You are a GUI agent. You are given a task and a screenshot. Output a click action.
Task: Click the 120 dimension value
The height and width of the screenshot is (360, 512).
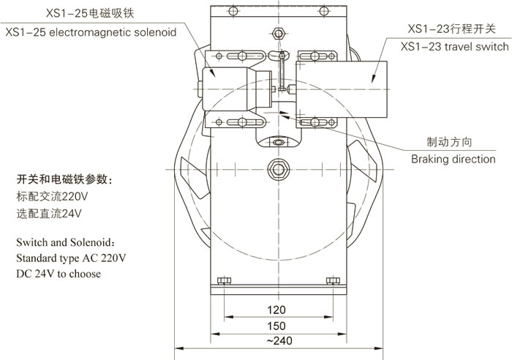276,309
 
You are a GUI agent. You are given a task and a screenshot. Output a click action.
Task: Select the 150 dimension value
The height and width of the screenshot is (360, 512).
276,325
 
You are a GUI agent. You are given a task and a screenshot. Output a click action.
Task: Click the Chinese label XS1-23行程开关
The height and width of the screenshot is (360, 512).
452,29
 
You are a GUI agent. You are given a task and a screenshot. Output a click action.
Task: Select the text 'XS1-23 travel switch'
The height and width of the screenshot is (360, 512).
454,47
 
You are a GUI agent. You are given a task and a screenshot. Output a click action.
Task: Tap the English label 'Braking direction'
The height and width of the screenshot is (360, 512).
453,159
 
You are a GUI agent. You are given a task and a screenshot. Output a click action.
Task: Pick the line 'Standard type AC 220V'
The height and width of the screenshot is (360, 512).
71,258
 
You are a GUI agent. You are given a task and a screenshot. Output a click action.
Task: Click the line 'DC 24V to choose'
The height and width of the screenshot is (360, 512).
59,274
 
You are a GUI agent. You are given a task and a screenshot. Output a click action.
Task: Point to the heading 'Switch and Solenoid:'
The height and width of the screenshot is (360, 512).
65,241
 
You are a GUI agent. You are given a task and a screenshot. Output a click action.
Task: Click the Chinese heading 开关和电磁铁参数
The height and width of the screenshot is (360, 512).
64,179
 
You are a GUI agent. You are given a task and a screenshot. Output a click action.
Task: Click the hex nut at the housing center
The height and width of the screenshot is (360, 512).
277,168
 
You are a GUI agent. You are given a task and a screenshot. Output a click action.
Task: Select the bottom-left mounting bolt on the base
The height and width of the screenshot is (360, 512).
225,280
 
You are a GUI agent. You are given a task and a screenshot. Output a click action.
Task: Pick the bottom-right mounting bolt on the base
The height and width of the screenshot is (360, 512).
330,280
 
